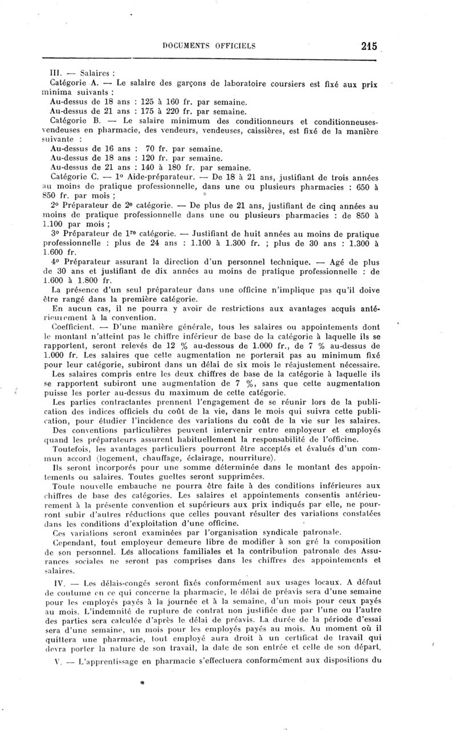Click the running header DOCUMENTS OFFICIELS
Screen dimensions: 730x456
click(x=209, y=46)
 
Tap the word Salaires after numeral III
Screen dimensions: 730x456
click(x=97, y=74)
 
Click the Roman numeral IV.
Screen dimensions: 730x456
click(x=55, y=585)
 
